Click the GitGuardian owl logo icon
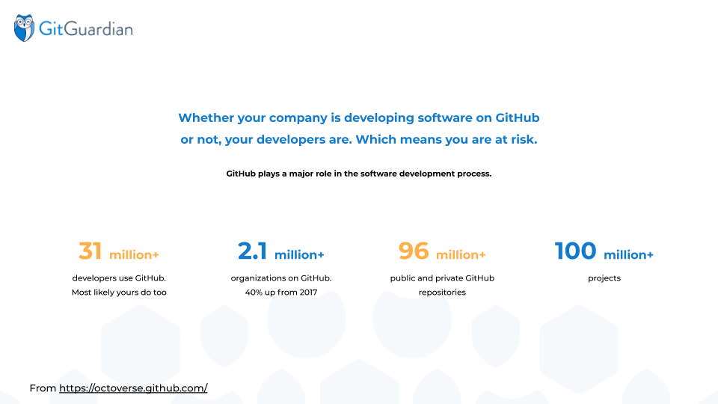click(x=24, y=28)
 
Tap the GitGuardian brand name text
click(x=86, y=29)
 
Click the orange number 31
click(x=90, y=251)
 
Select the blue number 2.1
click(x=252, y=251)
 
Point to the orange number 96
click(x=414, y=251)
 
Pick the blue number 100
click(x=576, y=251)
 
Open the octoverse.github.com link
click(x=133, y=388)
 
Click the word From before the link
click(x=43, y=388)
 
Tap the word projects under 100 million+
click(x=604, y=278)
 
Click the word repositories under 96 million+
click(x=442, y=293)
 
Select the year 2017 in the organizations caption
click(x=309, y=293)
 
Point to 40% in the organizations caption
click(x=254, y=293)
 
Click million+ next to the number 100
click(x=628, y=254)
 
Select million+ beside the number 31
click(x=134, y=254)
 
